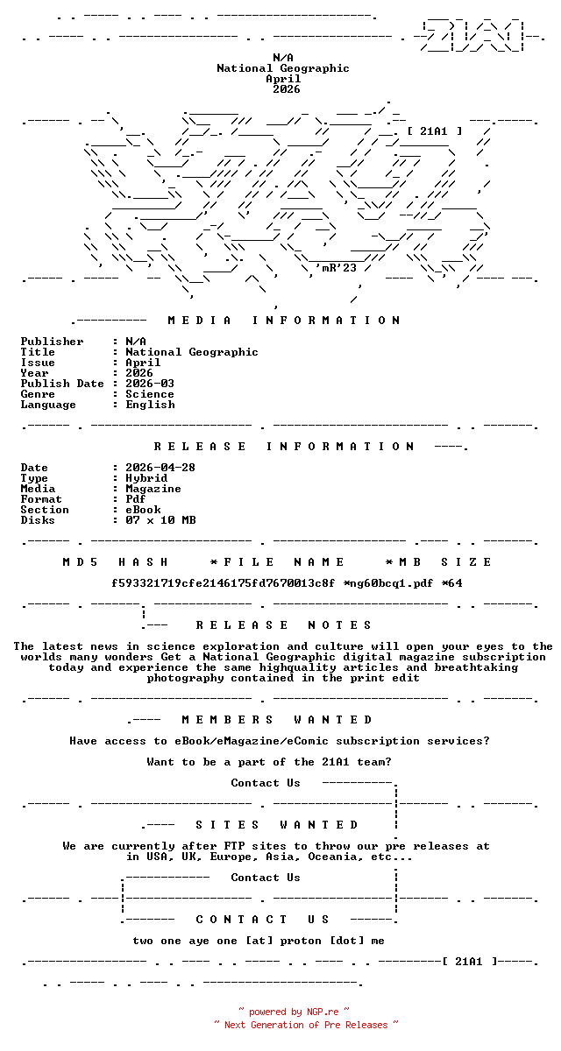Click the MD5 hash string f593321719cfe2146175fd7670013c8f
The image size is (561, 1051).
[x=224, y=583]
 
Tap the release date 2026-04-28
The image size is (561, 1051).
[x=160, y=468]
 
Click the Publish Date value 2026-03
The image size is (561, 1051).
[x=150, y=384]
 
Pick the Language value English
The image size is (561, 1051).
[x=150, y=405]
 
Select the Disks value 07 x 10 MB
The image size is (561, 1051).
[x=160, y=520]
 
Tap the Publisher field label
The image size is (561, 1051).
[x=53, y=342]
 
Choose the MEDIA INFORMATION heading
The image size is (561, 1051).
[x=284, y=321]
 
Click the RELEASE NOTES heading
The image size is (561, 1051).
[x=284, y=625]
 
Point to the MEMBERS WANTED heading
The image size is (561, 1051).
[x=277, y=720]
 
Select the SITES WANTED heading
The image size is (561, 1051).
[x=277, y=825]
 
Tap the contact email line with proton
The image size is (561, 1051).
[x=259, y=941]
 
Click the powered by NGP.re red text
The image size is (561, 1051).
[x=294, y=1012]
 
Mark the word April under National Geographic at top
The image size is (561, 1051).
[x=283, y=79]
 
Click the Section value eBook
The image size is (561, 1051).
[x=143, y=510]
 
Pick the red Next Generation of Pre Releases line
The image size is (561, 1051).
[x=305, y=1025]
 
